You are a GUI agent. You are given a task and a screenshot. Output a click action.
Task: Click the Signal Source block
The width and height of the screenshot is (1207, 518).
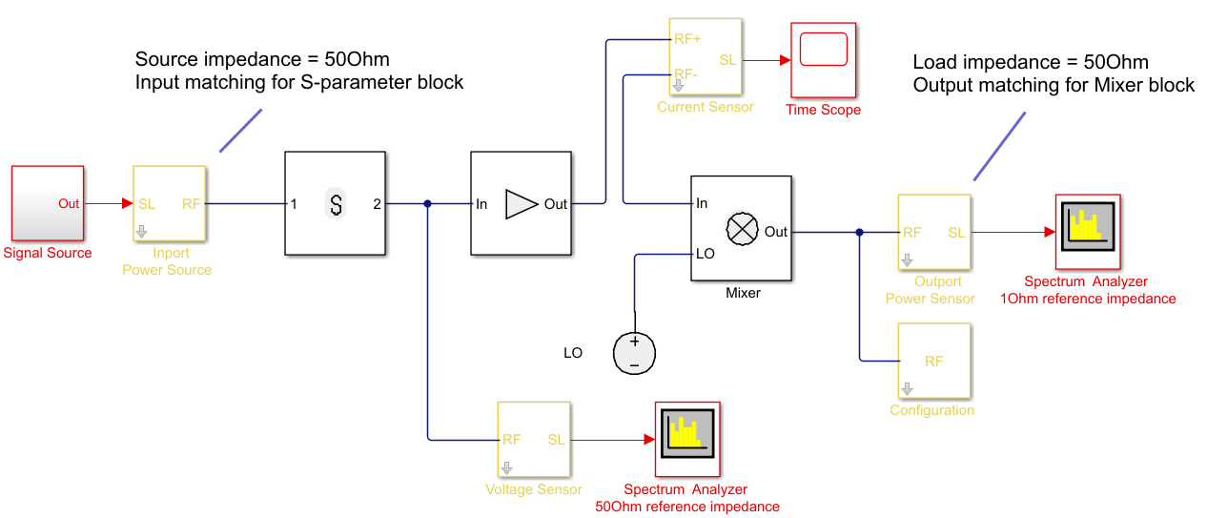[x=47, y=202]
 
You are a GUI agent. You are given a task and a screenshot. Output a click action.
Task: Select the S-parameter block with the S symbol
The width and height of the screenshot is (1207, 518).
[x=335, y=203]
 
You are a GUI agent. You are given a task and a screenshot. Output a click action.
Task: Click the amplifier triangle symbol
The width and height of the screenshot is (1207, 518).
[x=521, y=203]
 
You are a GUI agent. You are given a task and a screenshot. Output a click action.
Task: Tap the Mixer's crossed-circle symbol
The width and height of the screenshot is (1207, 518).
[x=742, y=228]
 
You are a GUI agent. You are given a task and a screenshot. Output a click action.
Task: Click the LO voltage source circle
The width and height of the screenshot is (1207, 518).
[x=633, y=353]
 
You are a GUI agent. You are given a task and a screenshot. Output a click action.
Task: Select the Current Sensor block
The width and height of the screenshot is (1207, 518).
[x=705, y=56]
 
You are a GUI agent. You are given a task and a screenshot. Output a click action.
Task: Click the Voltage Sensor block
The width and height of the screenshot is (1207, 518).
[x=533, y=439]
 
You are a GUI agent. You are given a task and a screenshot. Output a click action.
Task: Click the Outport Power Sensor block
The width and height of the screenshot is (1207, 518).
[x=933, y=232]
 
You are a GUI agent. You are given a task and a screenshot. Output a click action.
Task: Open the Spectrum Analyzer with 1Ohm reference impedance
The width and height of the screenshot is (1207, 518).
[x=1087, y=232]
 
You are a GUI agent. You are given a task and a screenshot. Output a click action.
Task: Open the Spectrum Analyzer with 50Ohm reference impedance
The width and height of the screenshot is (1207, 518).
[x=686, y=439]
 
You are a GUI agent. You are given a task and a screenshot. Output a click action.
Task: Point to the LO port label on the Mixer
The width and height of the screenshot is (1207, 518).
[x=706, y=254]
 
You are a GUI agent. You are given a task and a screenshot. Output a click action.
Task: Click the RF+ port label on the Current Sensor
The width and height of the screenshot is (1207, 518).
[x=687, y=40]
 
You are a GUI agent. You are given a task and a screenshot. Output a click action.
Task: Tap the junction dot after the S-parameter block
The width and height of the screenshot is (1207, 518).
[x=428, y=203]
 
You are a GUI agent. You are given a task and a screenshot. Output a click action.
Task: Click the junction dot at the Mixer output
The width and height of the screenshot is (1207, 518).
[x=860, y=232]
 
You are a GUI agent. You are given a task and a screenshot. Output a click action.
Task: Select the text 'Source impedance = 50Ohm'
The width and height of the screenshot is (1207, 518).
[x=262, y=59]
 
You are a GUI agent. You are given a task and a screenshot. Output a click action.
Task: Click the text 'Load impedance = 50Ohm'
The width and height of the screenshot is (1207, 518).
[x=1031, y=63]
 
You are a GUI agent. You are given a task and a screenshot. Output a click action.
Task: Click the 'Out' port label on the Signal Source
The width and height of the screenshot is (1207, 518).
[x=69, y=203]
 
